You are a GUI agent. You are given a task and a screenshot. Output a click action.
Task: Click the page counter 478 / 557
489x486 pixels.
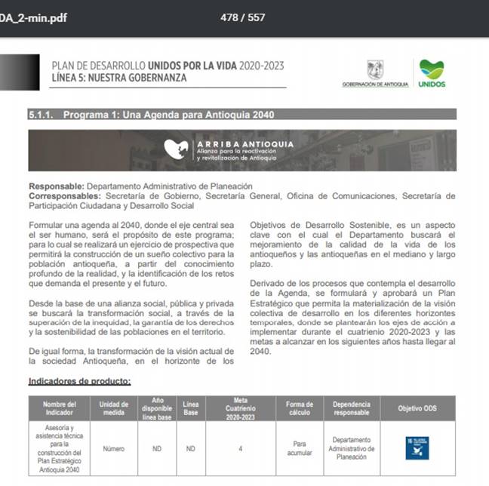[242, 17]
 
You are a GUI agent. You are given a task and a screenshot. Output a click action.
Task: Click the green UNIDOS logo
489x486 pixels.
[432, 72]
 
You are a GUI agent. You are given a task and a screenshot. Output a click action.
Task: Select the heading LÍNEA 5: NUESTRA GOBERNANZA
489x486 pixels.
[118, 78]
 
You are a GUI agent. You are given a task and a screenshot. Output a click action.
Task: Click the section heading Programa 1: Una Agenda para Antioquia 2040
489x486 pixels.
[168, 115]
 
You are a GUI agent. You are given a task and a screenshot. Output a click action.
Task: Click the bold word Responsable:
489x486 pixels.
[57, 186]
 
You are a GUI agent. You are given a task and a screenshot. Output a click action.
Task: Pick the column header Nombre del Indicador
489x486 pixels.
[60, 408]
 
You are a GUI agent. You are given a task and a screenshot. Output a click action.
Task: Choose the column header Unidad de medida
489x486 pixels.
[114, 408]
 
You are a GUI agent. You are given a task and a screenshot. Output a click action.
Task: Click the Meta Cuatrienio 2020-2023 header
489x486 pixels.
[241, 408]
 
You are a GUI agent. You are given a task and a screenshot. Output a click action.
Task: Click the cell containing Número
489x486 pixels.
[114, 448]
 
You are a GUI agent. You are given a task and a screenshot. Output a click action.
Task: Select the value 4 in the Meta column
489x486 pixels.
[241, 448]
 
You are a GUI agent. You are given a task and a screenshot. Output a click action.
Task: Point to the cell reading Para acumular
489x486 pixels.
[300, 448]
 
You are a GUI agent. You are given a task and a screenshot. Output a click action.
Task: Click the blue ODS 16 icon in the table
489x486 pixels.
[416, 448]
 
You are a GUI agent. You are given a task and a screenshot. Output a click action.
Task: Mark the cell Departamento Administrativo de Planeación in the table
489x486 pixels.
[352, 448]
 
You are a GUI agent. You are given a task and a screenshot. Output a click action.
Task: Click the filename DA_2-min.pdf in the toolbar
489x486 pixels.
[34, 17]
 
